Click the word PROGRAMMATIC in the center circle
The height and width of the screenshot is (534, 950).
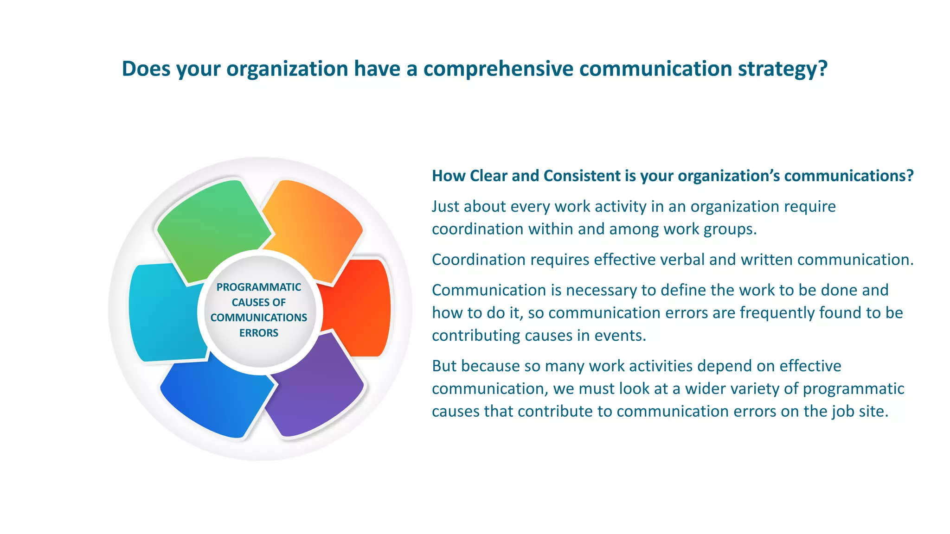tap(258, 287)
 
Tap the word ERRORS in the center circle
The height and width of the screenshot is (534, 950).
tap(258, 333)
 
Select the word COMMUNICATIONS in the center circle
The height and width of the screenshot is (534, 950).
tap(258, 318)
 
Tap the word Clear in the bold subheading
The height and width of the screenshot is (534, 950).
tap(489, 176)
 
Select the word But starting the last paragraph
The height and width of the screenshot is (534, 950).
tap(444, 366)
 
